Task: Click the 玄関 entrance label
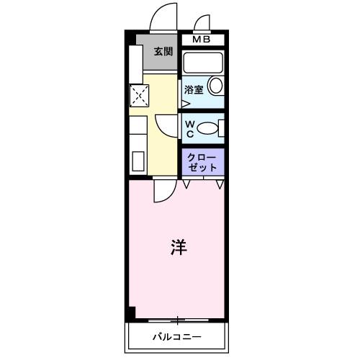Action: (x=163, y=51)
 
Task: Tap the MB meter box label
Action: (x=201, y=39)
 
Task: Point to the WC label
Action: (x=189, y=128)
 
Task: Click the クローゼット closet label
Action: (x=202, y=161)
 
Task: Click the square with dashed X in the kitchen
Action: (x=138, y=94)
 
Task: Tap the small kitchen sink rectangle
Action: (x=138, y=161)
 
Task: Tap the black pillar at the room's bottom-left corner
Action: (x=130, y=314)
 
